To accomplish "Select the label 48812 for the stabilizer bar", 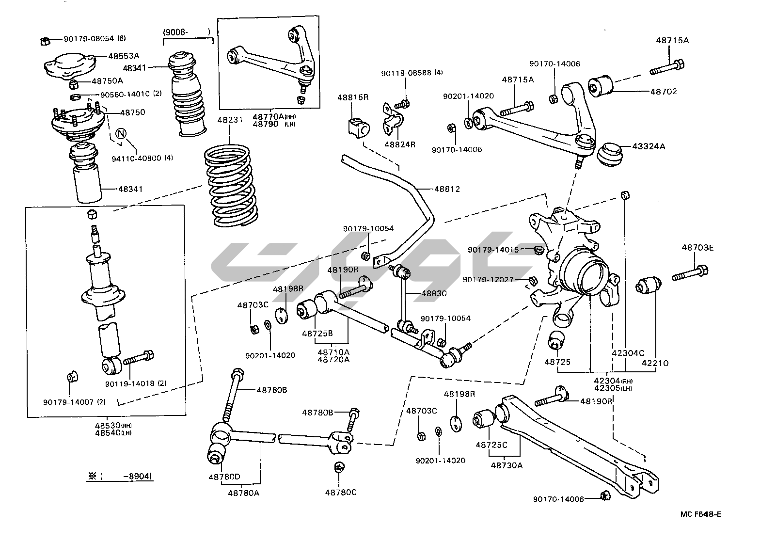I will (447, 189).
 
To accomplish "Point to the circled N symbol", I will (122, 133).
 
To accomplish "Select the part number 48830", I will (434, 293).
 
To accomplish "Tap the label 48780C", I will (341, 492).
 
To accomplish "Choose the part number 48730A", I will (507, 465).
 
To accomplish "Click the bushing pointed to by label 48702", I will (601, 85).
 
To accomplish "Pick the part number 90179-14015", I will (493, 250).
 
